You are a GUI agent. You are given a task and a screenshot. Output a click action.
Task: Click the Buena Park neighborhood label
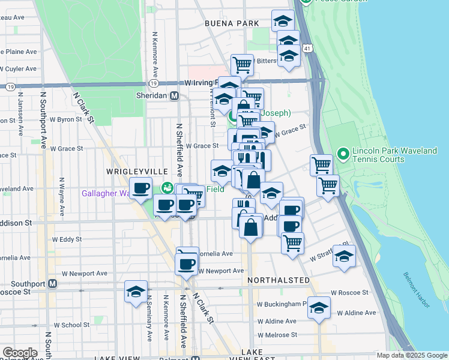click(x=231, y=23)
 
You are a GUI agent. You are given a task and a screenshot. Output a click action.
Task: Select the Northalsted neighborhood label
click(x=279, y=280)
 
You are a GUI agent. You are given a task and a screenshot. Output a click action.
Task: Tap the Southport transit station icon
click(x=53, y=283)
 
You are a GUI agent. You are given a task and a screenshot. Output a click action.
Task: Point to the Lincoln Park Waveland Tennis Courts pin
click(x=343, y=154)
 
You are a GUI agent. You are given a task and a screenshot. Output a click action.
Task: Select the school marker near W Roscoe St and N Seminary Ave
click(x=136, y=292)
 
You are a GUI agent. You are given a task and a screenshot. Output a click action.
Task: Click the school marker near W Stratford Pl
click(x=344, y=256)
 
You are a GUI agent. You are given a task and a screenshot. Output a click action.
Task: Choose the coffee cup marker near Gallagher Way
click(x=141, y=189)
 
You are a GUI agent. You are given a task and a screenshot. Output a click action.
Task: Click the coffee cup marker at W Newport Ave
click(x=186, y=263)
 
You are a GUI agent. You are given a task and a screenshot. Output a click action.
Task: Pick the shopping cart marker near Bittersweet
click(x=242, y=64)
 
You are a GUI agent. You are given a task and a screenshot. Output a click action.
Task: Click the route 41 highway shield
click(x=307, y=47)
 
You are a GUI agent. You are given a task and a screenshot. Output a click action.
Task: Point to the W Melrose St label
click(x=277, y=335)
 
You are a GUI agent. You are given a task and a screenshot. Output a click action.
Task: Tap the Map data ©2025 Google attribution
click(x=412, y=355)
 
